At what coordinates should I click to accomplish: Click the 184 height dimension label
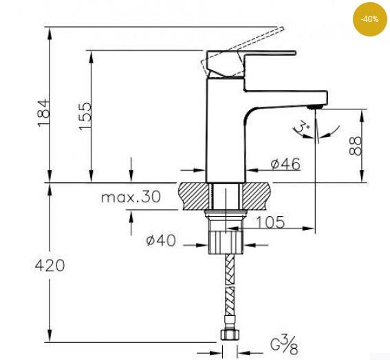[43, 112]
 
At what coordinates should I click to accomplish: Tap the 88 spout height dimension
[355, 145]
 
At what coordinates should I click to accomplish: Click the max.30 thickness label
[131, 197]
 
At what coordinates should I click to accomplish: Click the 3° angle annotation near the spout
[301, 127]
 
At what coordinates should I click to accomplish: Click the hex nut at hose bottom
[228, 337]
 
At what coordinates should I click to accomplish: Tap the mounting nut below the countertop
[226, 242]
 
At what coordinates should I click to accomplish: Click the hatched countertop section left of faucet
[193, 195]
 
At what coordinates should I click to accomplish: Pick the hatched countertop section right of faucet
[259, 195]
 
